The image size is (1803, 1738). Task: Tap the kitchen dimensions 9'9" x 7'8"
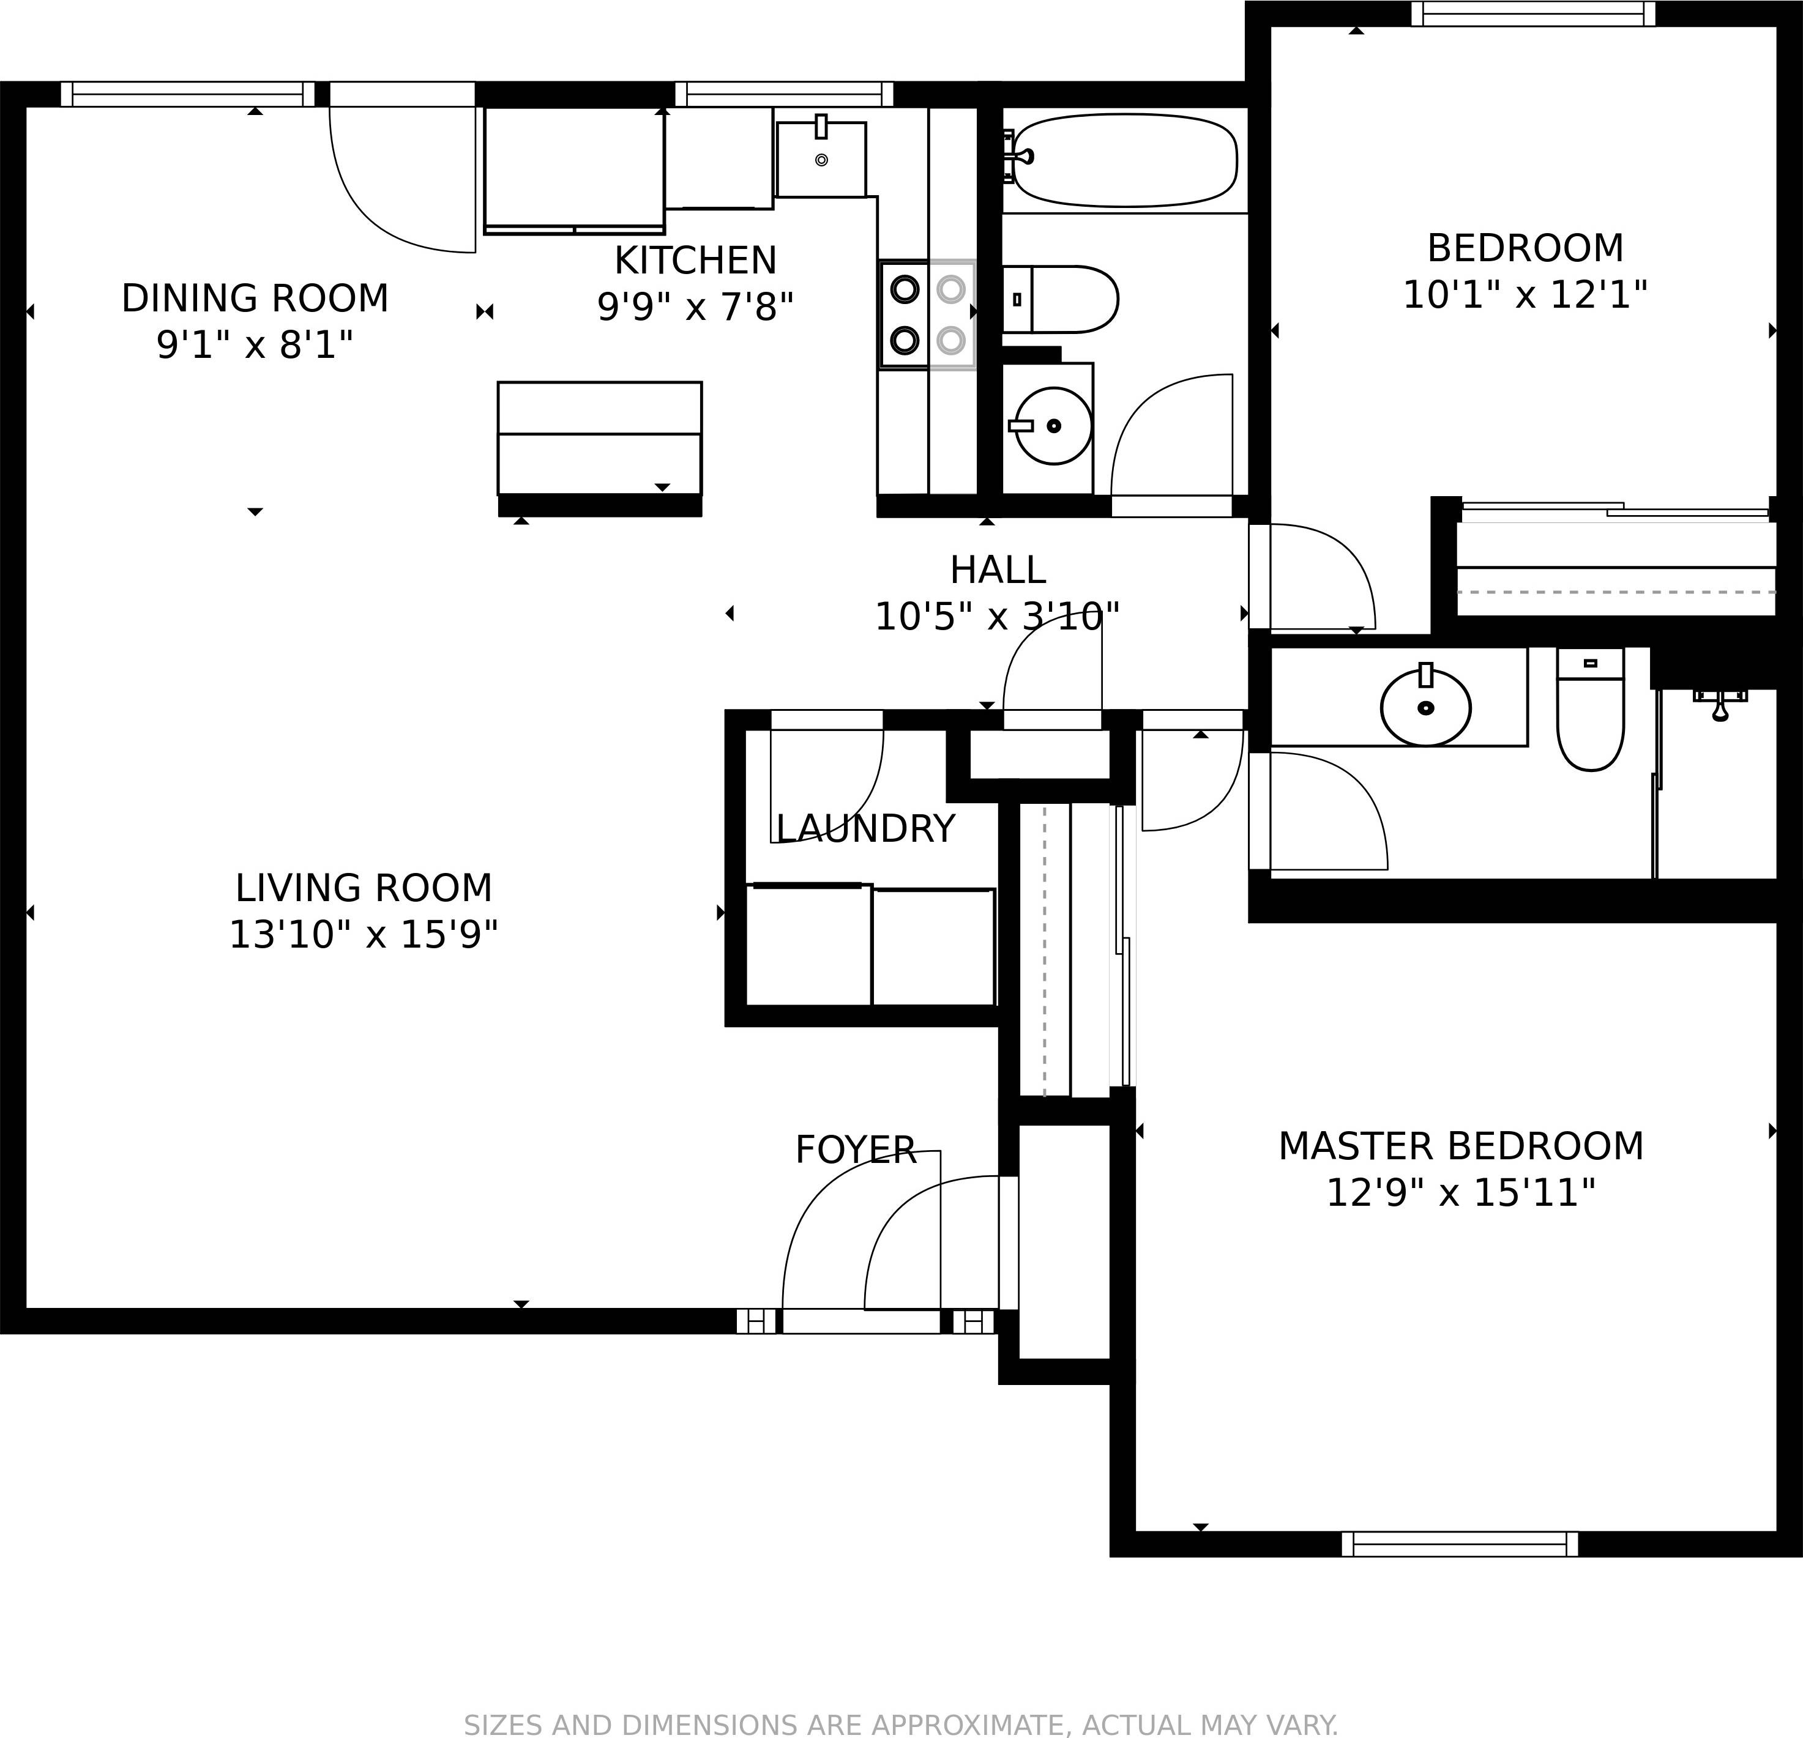[x=695, y=307]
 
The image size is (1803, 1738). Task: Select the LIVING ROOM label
[x=364, y=888]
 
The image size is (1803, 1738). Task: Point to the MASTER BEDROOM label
[x=1460, y=1146]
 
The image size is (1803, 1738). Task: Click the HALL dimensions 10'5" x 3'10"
[x=997, y=617]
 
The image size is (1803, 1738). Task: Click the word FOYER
[x=856, y=1149]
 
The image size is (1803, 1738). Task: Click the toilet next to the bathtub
[x=1062, y=299]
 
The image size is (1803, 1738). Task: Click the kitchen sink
[x=821, y=159]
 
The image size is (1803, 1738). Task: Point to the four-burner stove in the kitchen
[x=927, y=314]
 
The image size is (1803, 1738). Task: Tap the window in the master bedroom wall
[x=1460, y=1544]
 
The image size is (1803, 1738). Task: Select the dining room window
[x=188, y=94]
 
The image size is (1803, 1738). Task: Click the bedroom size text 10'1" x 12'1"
[x=1525, y=295]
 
